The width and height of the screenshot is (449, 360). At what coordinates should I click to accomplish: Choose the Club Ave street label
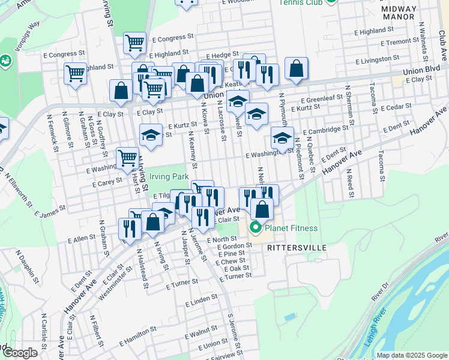(442, 45)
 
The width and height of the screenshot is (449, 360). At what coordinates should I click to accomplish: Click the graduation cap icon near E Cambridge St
(281, 140)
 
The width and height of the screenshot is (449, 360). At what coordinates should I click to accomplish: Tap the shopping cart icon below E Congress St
(135, 43)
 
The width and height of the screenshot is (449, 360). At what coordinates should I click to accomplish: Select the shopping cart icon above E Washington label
(127, 158)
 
